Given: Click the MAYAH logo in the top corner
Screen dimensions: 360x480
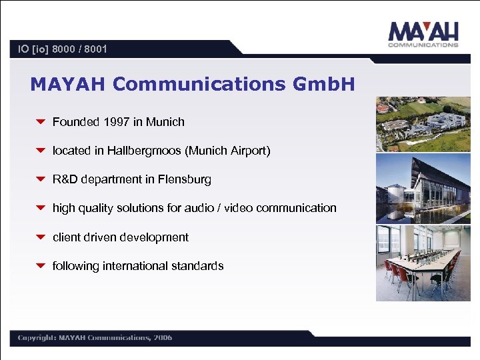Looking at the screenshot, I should pos(424,34).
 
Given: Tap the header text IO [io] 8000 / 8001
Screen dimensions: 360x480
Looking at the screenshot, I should pos(63,49).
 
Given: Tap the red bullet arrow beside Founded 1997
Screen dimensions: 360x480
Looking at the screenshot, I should pos(40,122).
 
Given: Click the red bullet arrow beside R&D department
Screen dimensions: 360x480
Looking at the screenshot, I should pos(40,179).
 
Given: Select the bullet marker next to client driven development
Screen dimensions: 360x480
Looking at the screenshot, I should pos(40,237).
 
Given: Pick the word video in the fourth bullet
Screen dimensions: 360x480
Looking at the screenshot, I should pos(238,208).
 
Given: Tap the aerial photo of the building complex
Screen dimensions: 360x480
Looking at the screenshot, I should pos(423,124).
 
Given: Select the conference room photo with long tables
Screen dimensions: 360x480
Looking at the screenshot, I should pos(423,263).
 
